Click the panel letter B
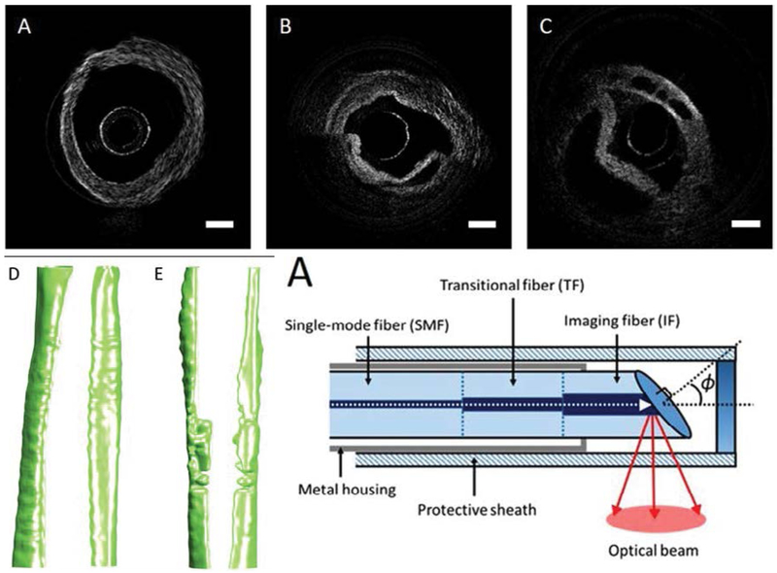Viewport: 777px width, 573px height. (287, 30)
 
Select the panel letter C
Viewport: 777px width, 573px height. (546, 30)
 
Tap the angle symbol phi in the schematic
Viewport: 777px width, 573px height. (708, 387)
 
